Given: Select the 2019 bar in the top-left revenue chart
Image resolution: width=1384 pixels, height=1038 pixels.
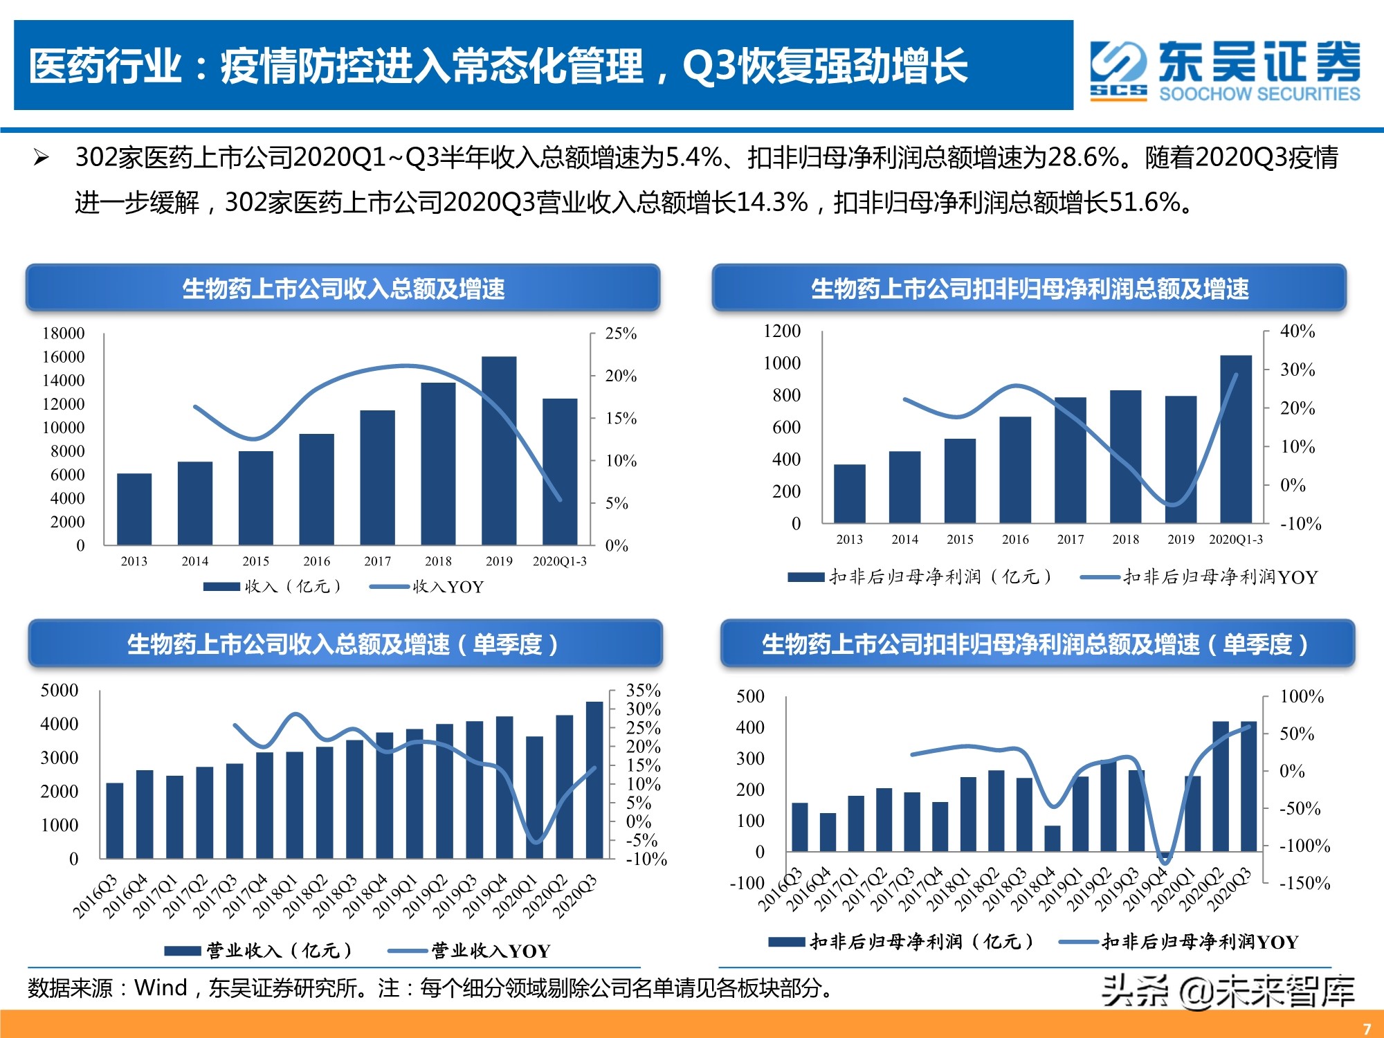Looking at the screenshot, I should [x=499, y=450].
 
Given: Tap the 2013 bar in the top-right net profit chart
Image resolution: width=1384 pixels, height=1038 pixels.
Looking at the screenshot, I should [x=849, y=493].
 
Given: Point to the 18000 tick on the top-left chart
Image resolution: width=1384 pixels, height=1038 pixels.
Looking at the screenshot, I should [x=64, y=334].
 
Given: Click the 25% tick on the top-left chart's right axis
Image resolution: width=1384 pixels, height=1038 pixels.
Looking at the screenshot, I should [x=621, y=334].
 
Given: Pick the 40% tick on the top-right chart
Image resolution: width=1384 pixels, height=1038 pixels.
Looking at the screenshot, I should [x=1297, y=331].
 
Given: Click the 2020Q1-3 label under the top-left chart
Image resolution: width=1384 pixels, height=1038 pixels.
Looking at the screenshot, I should [x=559, y=561].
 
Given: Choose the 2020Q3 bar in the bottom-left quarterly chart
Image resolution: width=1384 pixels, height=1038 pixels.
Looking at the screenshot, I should [x=594, y=781].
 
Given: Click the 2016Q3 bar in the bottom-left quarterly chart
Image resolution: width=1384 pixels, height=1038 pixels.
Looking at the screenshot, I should [x=115, y=821].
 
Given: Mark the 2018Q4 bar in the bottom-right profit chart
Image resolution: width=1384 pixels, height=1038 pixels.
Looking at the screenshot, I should [x=1053, y=838].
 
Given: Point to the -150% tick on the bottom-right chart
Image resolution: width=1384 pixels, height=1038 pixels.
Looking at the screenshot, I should [x=1304, y=883].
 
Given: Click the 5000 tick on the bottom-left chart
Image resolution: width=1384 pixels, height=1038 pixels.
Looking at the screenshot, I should [x=60, y=691].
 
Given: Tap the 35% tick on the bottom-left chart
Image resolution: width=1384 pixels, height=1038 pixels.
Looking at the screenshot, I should [x=643, y=691].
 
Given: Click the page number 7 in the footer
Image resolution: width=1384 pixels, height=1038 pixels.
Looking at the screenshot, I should [x=1367, y=1028].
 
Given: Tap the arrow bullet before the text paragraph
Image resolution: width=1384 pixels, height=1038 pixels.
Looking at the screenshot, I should [x=42, y=158].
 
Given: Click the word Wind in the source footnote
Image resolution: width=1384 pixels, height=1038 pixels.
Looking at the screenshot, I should [x=161, y=987].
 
